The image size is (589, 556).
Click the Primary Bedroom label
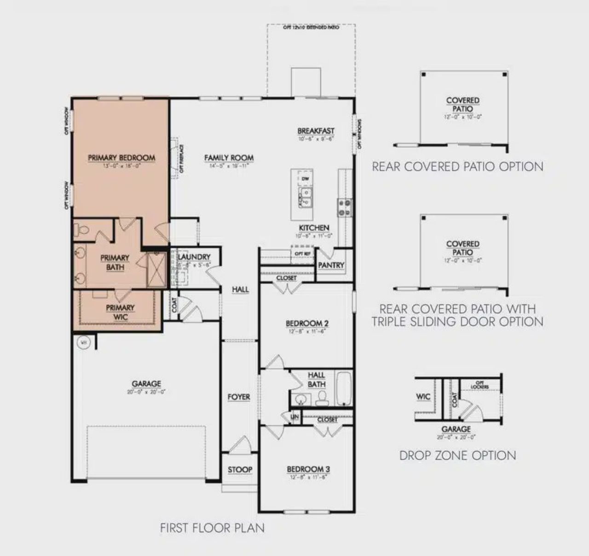[x=121, y=158]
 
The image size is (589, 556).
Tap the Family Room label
[x=229, y=158]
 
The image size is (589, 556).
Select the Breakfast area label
[x=316, y=131]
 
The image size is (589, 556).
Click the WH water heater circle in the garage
[x=84, y=342]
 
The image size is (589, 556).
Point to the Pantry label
[x=331, y=265]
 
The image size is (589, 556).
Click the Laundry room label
[x=194, y=257]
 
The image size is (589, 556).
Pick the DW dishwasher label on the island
[x=305, y=179]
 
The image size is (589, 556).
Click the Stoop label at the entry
[x=240, y=469]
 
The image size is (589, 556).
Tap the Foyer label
[x=239, y=397]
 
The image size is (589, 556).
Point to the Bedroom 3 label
[x=308, y=469]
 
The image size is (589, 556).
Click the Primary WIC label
[x=120, y=312]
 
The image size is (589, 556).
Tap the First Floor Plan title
[x=212, y=527]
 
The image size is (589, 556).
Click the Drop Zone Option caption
[x=457, y=456]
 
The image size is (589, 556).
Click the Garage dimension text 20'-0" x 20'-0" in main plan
[x=146, y=392]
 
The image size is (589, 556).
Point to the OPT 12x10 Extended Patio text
[x=311, y=28]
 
